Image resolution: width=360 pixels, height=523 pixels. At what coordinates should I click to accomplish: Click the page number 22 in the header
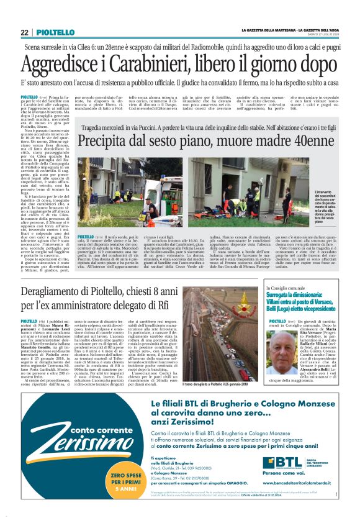coord(25,32)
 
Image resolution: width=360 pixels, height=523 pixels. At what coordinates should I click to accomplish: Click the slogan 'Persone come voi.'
coord(285,473)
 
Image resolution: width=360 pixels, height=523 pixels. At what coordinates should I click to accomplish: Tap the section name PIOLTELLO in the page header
coord(55,32)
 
